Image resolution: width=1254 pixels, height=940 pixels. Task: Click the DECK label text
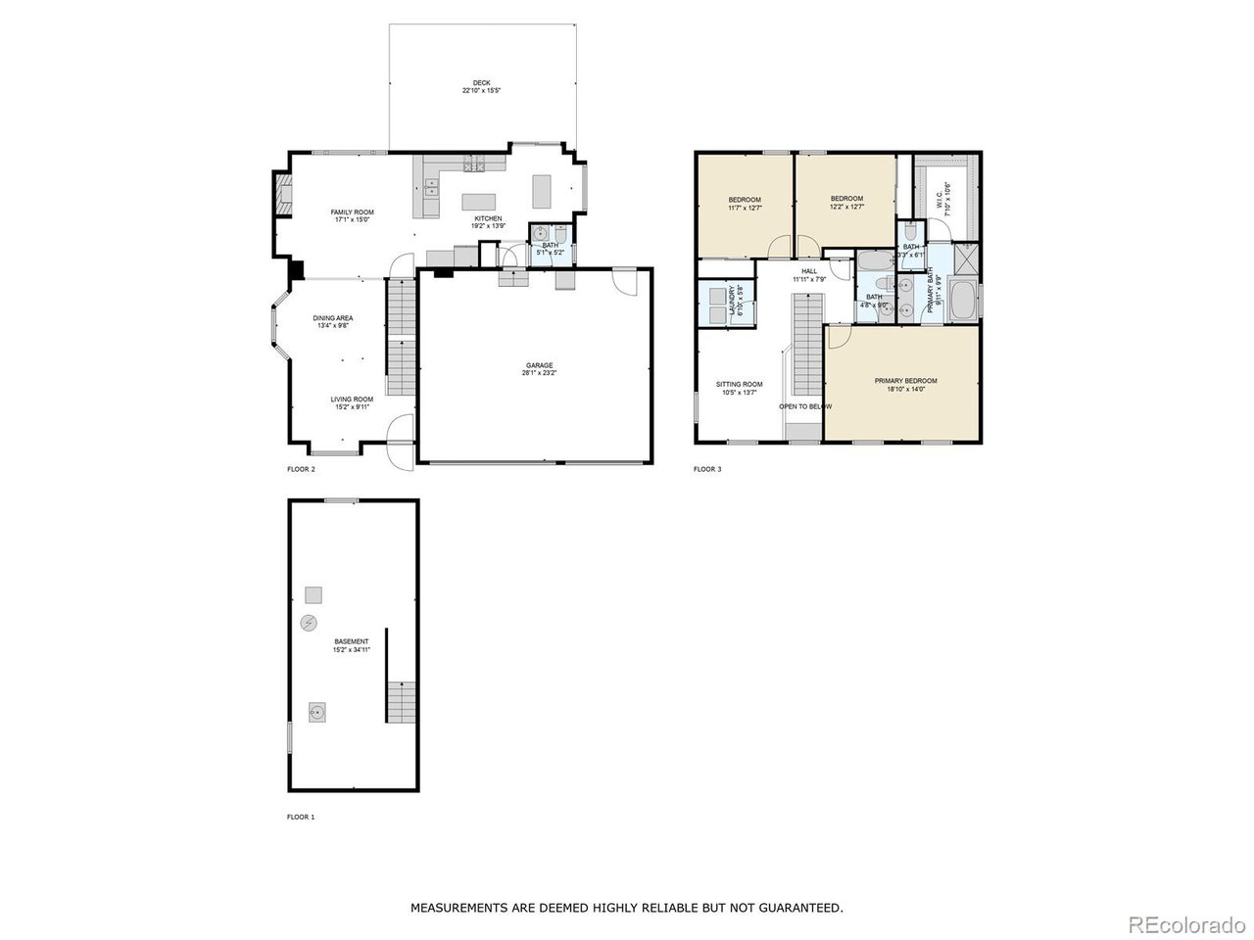pos(481,82)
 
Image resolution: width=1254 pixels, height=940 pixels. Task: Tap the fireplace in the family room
pos(281,195)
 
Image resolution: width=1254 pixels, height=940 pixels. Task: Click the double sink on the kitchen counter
pos(432,200)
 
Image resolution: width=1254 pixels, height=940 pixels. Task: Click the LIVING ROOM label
pos(351,399)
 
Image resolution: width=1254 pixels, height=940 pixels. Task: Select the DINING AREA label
pos(333,318)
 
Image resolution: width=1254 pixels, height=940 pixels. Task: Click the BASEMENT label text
pos(351,641)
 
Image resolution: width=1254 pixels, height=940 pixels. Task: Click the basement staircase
pos(402,701)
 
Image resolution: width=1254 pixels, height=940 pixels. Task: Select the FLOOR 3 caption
pos(707,469)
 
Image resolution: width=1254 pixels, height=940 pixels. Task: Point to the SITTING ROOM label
pos(740,384)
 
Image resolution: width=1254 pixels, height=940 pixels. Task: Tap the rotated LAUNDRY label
pos(732,304)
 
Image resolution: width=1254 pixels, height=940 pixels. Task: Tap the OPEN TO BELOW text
pos(805,406)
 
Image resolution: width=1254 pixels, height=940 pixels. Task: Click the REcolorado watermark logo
pos(1185,923)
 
